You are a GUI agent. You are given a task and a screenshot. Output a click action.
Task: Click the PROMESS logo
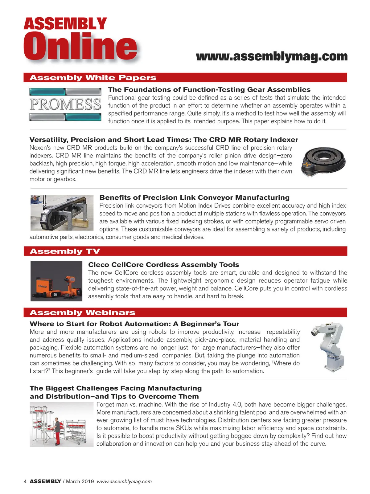tap(65, 104)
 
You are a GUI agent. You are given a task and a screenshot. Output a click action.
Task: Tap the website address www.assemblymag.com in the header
tap(272, 57)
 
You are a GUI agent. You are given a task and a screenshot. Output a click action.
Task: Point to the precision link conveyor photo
tap(62, 213)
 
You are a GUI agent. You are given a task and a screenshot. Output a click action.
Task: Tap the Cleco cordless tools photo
tap(56, 281)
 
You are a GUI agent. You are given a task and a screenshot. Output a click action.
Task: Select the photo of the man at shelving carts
tap(61, 425)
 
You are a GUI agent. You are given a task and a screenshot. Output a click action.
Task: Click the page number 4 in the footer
tap(25, 481)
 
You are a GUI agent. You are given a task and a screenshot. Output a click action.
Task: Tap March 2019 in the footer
tap(80, 481)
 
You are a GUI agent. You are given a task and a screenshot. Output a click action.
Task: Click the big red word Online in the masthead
tap(80, 47)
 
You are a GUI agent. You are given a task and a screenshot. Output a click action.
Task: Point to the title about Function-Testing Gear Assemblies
tap(209, 90)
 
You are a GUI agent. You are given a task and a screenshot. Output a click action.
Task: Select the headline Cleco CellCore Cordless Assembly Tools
tap(163, 265)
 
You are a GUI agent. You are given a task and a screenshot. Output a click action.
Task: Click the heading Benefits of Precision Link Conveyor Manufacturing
tap(194, 198)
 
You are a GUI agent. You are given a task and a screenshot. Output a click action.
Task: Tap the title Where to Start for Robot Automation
tap(134, 324)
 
